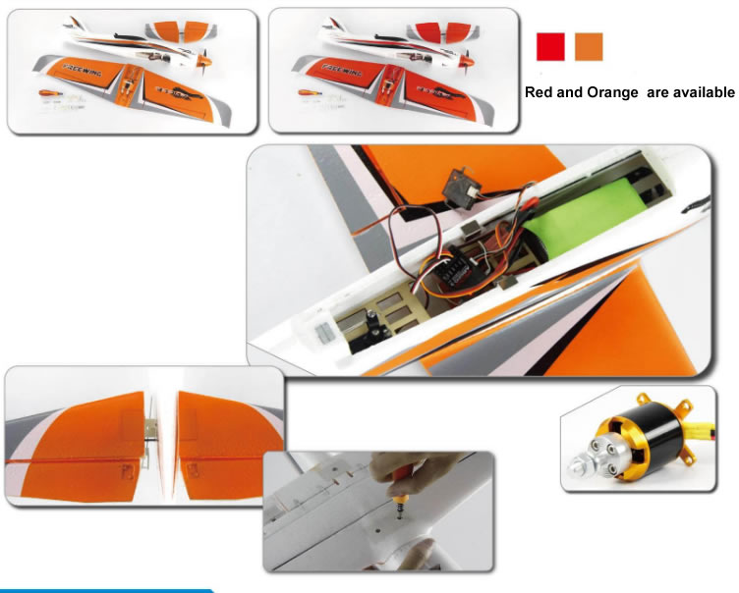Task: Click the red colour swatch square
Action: point(550,46)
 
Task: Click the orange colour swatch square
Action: point(589,46)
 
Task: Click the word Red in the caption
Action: point(540,92)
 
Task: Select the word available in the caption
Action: point(701,92)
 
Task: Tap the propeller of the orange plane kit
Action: point(204,60)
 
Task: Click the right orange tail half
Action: point(218,442)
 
